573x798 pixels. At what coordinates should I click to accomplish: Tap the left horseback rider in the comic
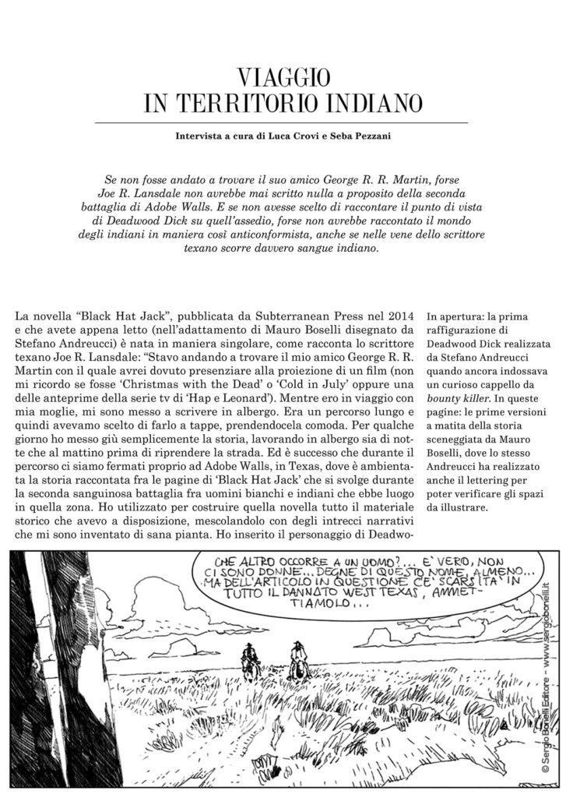[x=249, y=660]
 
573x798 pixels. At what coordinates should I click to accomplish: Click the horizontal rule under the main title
[x=282, y=122]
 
